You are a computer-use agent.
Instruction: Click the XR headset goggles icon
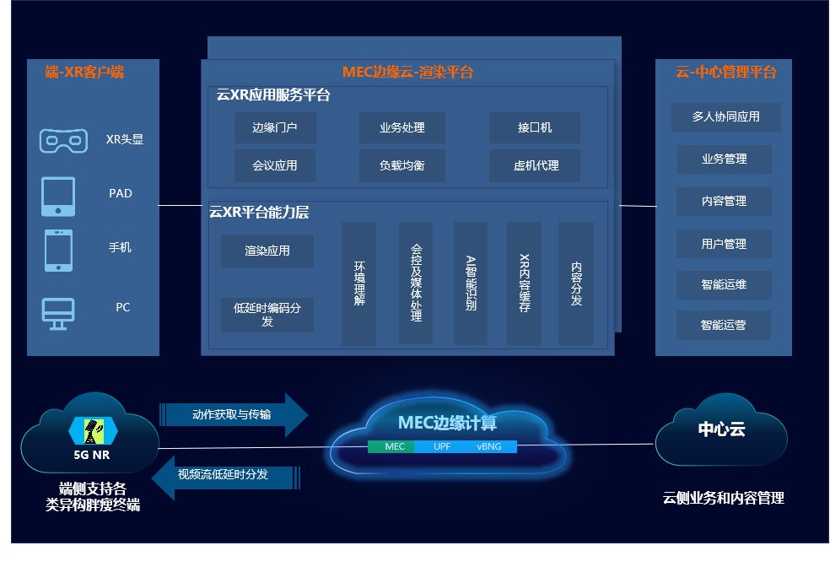tap(63, 140)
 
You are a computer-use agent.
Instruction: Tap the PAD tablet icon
tap(58, 196)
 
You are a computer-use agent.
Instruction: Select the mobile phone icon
tap(58, 251)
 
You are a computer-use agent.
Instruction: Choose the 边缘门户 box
tap(275, 128)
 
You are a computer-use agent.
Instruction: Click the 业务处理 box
tap(402, 128)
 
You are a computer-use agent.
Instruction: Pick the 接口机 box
tap(534, 128)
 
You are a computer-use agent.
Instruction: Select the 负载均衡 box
tap(402, 166)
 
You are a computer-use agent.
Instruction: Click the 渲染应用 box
tap(267, 251)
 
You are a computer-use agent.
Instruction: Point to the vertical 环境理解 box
tap(358, 283)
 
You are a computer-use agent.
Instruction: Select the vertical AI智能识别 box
tap(471, 283)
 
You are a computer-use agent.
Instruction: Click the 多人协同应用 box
tap(725, 117)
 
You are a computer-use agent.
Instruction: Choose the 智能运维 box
tap(724, 284)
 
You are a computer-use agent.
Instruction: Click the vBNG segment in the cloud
tap(489, 446)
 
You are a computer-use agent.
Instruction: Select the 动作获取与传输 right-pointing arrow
tap(234, 414)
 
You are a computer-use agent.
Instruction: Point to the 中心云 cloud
tap(720, 431)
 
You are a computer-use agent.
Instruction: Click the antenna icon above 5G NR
tap(93, 431)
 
